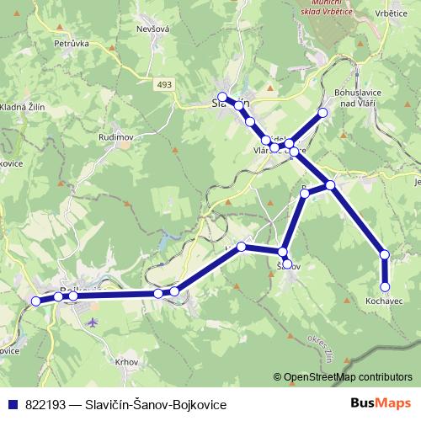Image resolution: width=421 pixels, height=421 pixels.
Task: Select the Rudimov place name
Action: (x=115, y=137)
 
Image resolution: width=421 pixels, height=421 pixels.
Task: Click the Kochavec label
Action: (x=383, y=301)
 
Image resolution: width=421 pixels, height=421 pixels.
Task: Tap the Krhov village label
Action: (x=125, y=360)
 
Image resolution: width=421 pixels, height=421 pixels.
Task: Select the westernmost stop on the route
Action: (x=35, y=301)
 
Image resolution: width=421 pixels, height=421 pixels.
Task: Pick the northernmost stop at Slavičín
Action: (x=222, y=97)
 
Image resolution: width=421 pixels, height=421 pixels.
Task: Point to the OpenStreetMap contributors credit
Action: (x=347, y=376)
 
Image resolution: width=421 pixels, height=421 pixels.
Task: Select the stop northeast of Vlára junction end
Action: (x=322, y=112)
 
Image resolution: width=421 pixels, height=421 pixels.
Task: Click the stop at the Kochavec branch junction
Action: (x=331, y=184)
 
